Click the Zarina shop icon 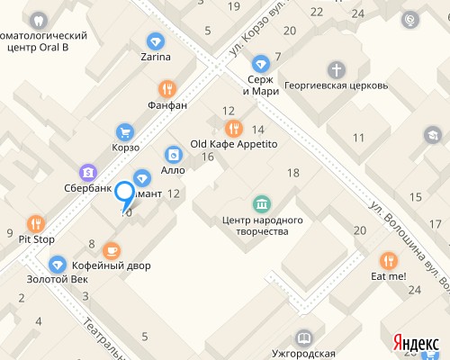coord(156,41)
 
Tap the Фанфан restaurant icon coord(166,88)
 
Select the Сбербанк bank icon coord(88,172)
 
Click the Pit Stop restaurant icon coord(36,223)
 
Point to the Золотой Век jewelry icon coord(58,265)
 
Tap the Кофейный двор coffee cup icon coord(112,249)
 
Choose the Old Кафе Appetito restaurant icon coord(233,128)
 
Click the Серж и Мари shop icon coord(260,64)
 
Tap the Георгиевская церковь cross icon coord(336,69)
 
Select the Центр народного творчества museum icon coord(261,202)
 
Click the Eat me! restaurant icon coord(388,260)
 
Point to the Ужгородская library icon coord(305,337)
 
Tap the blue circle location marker coord(124,192)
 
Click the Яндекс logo coord(416,342)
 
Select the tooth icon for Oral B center coord(38,20)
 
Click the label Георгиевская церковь coord(336,86)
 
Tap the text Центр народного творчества coord(262,225)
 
